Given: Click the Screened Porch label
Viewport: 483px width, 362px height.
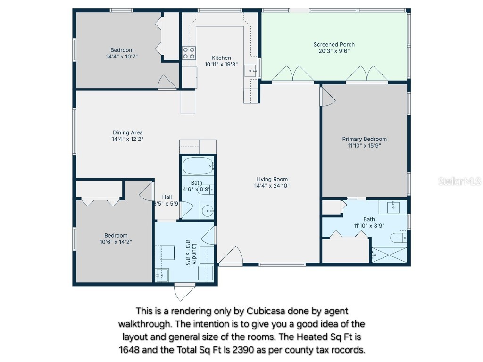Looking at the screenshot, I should [334, 45].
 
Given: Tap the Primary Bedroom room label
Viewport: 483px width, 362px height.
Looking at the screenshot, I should [364, 139].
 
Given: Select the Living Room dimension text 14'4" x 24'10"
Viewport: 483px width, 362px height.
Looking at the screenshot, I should [272, 186].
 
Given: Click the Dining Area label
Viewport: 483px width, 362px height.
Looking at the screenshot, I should [127, 132].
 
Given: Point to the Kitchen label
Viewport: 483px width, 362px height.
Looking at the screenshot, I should [221, 58].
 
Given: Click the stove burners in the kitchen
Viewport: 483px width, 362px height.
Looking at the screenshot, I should [189, 53].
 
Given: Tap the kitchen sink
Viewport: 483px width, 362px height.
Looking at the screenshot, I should [250, 71].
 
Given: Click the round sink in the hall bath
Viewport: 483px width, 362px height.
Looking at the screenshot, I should [207, 211].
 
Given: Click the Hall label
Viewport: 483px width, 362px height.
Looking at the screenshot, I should [167, 197].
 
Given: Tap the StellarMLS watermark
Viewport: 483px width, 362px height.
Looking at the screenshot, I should [459, 181].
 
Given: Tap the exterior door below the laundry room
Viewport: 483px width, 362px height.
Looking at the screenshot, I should [183, 292].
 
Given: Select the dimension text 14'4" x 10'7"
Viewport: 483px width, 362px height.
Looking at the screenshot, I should [122, 56].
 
